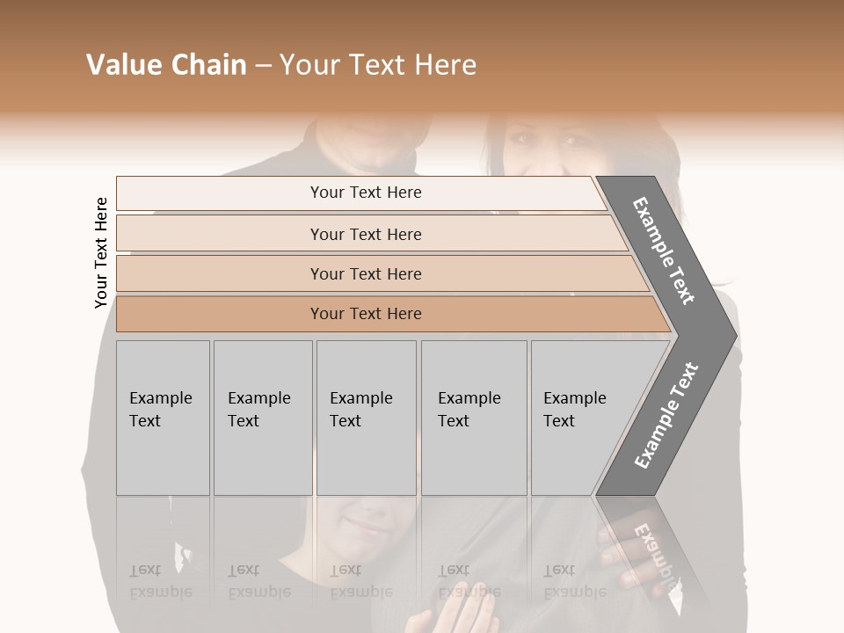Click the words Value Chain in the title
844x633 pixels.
click(166, 65)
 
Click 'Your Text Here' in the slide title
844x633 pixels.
click(378, 65)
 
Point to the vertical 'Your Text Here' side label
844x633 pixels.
click(101, 252)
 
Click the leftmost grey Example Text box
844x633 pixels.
click(163, 418)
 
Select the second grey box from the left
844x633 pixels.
click(263, 418)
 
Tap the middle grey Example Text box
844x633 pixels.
click(366, 418)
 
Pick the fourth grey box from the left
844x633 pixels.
click(474, 418)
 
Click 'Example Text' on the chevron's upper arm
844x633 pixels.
click(664, 251)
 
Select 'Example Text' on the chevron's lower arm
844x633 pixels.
click(666, 415)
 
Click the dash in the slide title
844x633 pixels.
click(263, 65)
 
